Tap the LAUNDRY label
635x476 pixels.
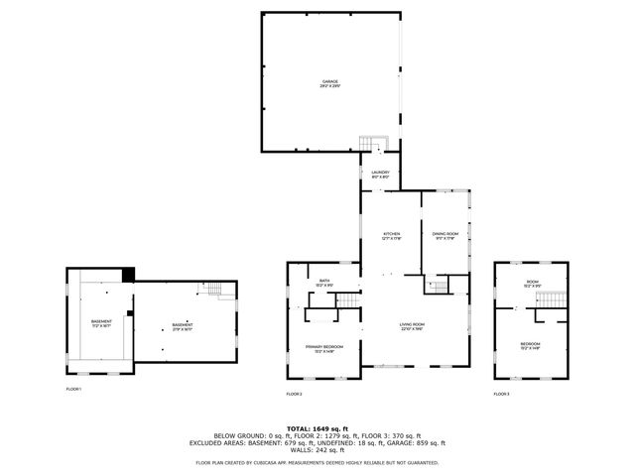[x=380, y=175]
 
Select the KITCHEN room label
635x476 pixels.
[x=391, y=236]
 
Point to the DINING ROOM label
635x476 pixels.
[x=444, y=236]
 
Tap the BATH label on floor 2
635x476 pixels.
[x=324, y=284]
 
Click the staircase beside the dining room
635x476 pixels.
[x=439, y=287]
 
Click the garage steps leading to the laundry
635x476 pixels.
[x=370, y=144]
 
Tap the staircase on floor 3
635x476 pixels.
[x=559, y=300]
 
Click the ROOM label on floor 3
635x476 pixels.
[x=532, y=285]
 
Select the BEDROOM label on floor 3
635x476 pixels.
[x=531, y=346]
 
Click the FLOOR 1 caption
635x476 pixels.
[x=73, y=390]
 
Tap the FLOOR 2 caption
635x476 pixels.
[x=294, y=395]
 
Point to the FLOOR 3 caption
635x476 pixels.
[x=501, y=395]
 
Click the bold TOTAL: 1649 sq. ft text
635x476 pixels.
[x=317, y=428]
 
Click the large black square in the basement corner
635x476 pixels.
[x=127, y=275]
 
